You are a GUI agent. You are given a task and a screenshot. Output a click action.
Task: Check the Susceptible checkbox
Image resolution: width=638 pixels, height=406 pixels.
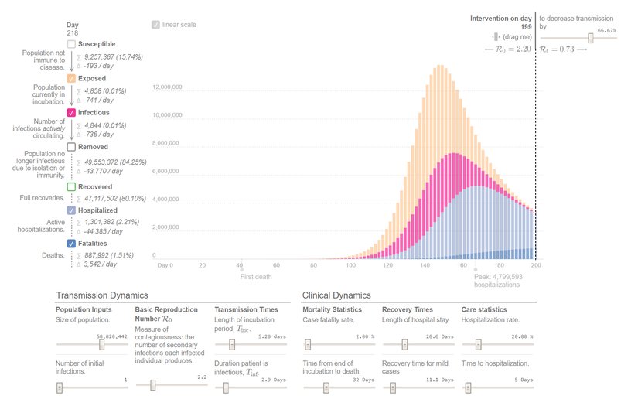tap(71, 44)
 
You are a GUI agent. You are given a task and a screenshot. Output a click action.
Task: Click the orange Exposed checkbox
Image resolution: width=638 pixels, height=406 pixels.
tap(71, 78)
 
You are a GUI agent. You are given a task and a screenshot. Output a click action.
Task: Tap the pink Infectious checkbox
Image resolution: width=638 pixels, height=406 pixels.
tap(71, 112)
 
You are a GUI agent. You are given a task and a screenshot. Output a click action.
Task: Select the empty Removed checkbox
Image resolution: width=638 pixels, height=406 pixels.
tap(71, 146)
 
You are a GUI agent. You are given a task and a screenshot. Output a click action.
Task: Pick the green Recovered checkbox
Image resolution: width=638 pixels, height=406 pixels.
tap(71, 186)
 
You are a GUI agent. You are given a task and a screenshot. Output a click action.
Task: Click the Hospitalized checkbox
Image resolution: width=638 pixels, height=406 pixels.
tap(71, 210)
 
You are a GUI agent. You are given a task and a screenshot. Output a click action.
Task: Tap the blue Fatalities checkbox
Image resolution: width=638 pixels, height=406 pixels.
tap(71, 244)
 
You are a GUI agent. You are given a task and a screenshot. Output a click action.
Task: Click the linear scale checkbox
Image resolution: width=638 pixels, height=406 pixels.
tap(156, 25)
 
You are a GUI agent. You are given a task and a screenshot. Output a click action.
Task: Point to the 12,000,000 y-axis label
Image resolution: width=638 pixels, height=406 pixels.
tap(166, 87)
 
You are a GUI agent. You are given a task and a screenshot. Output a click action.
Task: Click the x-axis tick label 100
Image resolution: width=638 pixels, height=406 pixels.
tap(350, 265)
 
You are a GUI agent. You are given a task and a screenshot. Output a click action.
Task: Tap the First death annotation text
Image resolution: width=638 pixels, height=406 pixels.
tap(256, 276)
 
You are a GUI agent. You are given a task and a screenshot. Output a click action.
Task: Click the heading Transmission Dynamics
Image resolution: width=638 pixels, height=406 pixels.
tap(101, 295)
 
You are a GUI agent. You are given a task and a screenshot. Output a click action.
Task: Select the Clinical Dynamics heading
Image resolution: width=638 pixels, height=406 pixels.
tap(336, 295)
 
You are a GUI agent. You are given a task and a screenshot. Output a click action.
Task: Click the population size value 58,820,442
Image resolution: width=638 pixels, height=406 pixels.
tap(111, 336)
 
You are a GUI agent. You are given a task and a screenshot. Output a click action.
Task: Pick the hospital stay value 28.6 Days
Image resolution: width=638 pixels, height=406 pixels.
tap(442, 336)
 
